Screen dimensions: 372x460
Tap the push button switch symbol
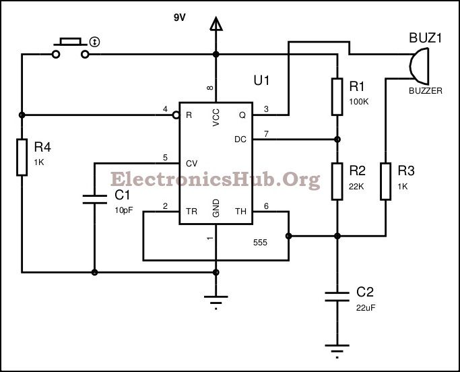pos(71,44)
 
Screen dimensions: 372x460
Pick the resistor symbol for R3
pos(385,181)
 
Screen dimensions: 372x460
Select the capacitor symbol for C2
pos(337,296)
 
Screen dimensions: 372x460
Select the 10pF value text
pos(125,210)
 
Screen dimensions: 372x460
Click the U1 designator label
pos(261,81)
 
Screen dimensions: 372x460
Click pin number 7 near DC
pos(265,134)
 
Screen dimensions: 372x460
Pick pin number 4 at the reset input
pos(165,109)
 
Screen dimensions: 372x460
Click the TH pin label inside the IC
pos(240,212)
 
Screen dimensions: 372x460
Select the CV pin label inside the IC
pos(191,163)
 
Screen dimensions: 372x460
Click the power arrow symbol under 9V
pos(216,26)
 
